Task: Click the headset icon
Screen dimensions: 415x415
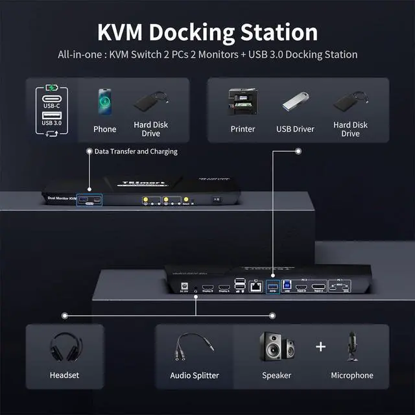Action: click(64, 349)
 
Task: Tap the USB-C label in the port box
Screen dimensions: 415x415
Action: click(53, 105)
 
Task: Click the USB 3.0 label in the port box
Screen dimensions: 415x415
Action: click(53, 122)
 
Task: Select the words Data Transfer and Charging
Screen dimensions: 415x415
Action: click(136, 151)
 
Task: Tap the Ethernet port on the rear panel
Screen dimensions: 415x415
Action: click(256, 285)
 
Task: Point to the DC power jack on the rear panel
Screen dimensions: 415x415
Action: click(185, 286)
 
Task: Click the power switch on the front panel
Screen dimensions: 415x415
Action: click(217, 200)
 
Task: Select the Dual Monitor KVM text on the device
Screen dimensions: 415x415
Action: click(62, 196)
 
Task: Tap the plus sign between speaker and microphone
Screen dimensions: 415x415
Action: click(320, 346)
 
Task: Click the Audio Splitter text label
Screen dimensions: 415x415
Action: click(195, 375)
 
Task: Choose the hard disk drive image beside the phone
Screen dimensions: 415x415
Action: click(151, 103)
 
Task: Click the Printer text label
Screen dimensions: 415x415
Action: click(243, 129)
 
